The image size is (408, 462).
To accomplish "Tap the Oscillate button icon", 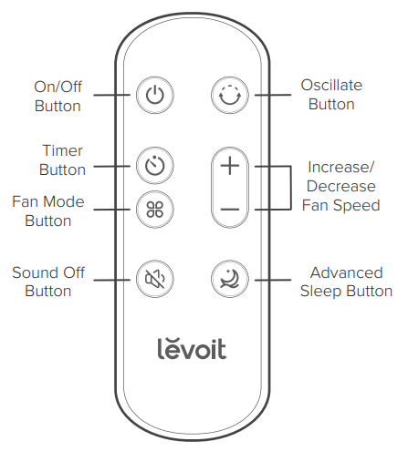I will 228,94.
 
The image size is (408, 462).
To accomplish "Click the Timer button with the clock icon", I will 153,166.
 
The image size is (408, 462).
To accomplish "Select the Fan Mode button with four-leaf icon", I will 153,209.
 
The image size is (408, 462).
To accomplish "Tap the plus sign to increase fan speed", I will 230,166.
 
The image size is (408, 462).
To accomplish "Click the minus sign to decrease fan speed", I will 230,209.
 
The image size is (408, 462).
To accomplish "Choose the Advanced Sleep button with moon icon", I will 228,277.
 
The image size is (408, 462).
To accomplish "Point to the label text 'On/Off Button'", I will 57,96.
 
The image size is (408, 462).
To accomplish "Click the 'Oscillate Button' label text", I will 331,94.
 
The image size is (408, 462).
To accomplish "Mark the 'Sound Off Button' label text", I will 48,282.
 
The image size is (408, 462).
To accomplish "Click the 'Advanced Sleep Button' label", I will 346,282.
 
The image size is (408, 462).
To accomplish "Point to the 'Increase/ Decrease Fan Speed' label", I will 341,187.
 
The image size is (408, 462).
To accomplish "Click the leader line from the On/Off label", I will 114,95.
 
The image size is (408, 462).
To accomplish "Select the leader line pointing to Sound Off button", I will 114,277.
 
